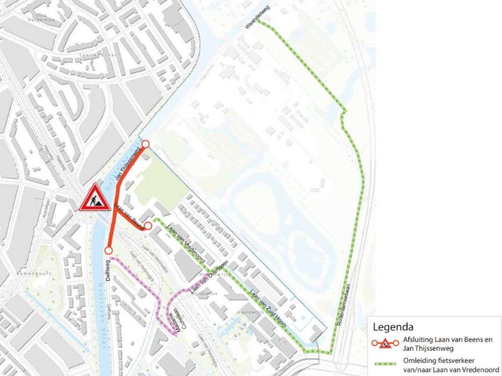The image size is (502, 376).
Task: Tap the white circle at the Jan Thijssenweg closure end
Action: pyautogui.click(x=146, y=144)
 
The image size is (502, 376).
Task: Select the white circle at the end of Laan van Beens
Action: pyautogui.click(x=148, y=226)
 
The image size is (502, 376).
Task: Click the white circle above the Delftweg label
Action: pyautogui.click(x=108, y=251)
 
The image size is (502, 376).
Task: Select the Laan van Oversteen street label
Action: pyautogui.click(x=209, y=276)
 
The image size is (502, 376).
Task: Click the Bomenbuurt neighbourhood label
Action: pyautogui.click(x=30, y=271)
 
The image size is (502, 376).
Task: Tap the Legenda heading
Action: pyautogui.click(x=393, y=327)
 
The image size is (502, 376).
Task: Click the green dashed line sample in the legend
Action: pyautogui.click(x=386, y=362)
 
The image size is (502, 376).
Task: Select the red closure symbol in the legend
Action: pyautogui.click(x=385, y=344)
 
